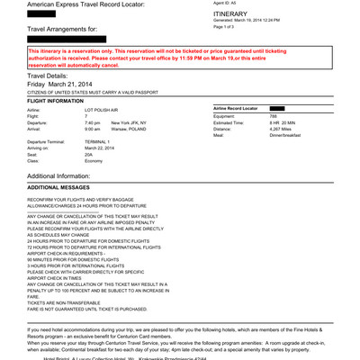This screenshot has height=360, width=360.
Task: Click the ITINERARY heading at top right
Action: click(x=233, y=15)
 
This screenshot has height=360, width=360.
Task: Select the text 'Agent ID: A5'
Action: click(x=225, y=3)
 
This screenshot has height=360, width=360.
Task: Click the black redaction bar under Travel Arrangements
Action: click(x=67, y=40)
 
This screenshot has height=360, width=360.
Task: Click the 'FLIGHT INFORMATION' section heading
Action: click(x=55, y=101)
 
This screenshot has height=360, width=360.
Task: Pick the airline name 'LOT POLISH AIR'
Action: click(x=103, y=110)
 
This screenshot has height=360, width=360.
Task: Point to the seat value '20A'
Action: click(x=88, y=154)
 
